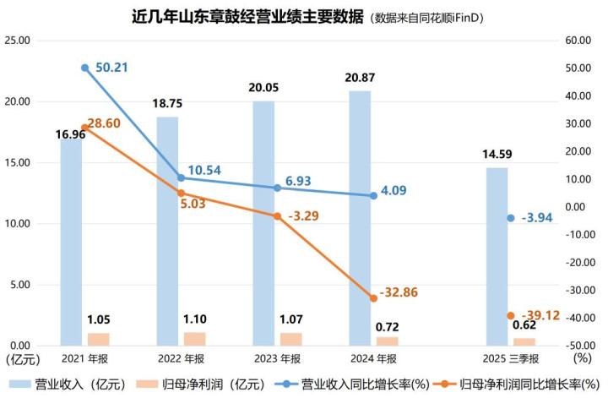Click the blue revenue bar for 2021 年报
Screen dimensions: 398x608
71,245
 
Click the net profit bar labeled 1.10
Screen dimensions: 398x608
195,339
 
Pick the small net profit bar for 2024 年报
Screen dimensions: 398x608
388,341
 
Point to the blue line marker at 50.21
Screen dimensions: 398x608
84,68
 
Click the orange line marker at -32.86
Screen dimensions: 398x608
373,298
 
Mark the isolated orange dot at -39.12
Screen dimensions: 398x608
510,316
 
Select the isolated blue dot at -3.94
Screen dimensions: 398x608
510,218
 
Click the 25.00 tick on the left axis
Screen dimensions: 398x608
18,41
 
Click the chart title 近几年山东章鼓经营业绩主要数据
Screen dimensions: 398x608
237,15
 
